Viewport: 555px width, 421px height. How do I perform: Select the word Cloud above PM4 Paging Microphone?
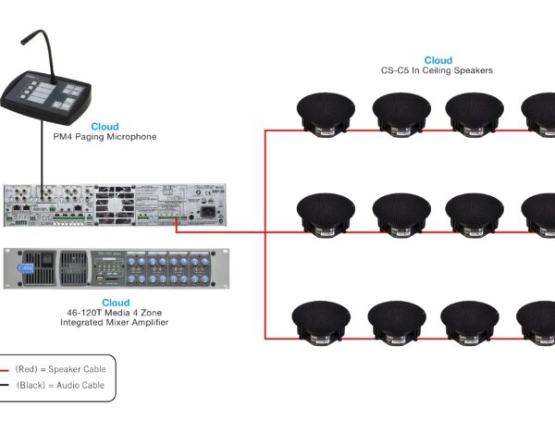tap(105, 126)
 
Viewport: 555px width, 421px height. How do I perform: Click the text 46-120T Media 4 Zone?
tap(116, 313)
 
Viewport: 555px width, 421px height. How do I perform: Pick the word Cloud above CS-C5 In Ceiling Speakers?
tap(438, 60)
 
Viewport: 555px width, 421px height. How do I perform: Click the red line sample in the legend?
tap(6, 368)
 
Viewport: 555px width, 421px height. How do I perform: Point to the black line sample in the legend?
tap(6, 385)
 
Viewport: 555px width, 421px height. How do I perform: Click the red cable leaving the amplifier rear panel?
tap(222, 232)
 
